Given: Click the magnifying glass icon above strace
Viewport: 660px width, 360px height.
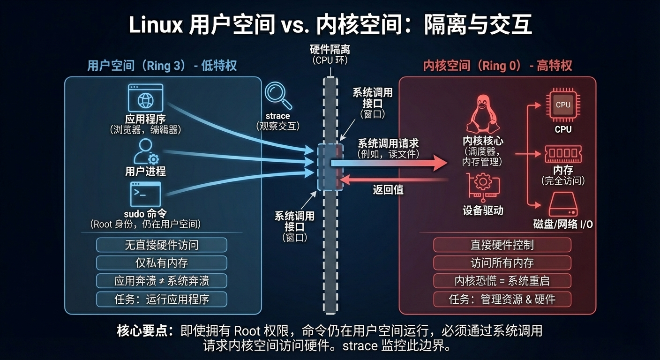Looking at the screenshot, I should [278, 95].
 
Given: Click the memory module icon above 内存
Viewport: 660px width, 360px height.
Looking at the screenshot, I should [562, 153].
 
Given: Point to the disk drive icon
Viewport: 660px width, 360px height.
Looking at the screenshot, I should [562, 204].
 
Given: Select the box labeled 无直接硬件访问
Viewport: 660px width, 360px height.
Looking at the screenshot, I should [162, 245].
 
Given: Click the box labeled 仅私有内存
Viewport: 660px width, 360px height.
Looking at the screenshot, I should [162, 263].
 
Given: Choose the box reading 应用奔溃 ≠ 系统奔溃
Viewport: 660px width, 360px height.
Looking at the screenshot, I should [162, 281].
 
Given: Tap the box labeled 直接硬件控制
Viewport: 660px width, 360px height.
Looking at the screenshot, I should [502, 245].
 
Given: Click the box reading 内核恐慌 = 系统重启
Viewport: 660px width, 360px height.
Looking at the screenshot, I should [502, 281].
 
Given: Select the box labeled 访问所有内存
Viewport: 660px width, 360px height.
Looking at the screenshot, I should [502, 263].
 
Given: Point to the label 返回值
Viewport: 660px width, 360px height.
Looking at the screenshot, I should [388, 190].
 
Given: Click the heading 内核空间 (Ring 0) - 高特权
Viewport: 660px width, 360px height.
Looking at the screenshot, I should [497, 66].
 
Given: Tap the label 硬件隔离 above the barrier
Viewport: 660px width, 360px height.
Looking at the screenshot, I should [330, 50].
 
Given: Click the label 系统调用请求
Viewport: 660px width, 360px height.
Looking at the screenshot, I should [388, 143].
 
